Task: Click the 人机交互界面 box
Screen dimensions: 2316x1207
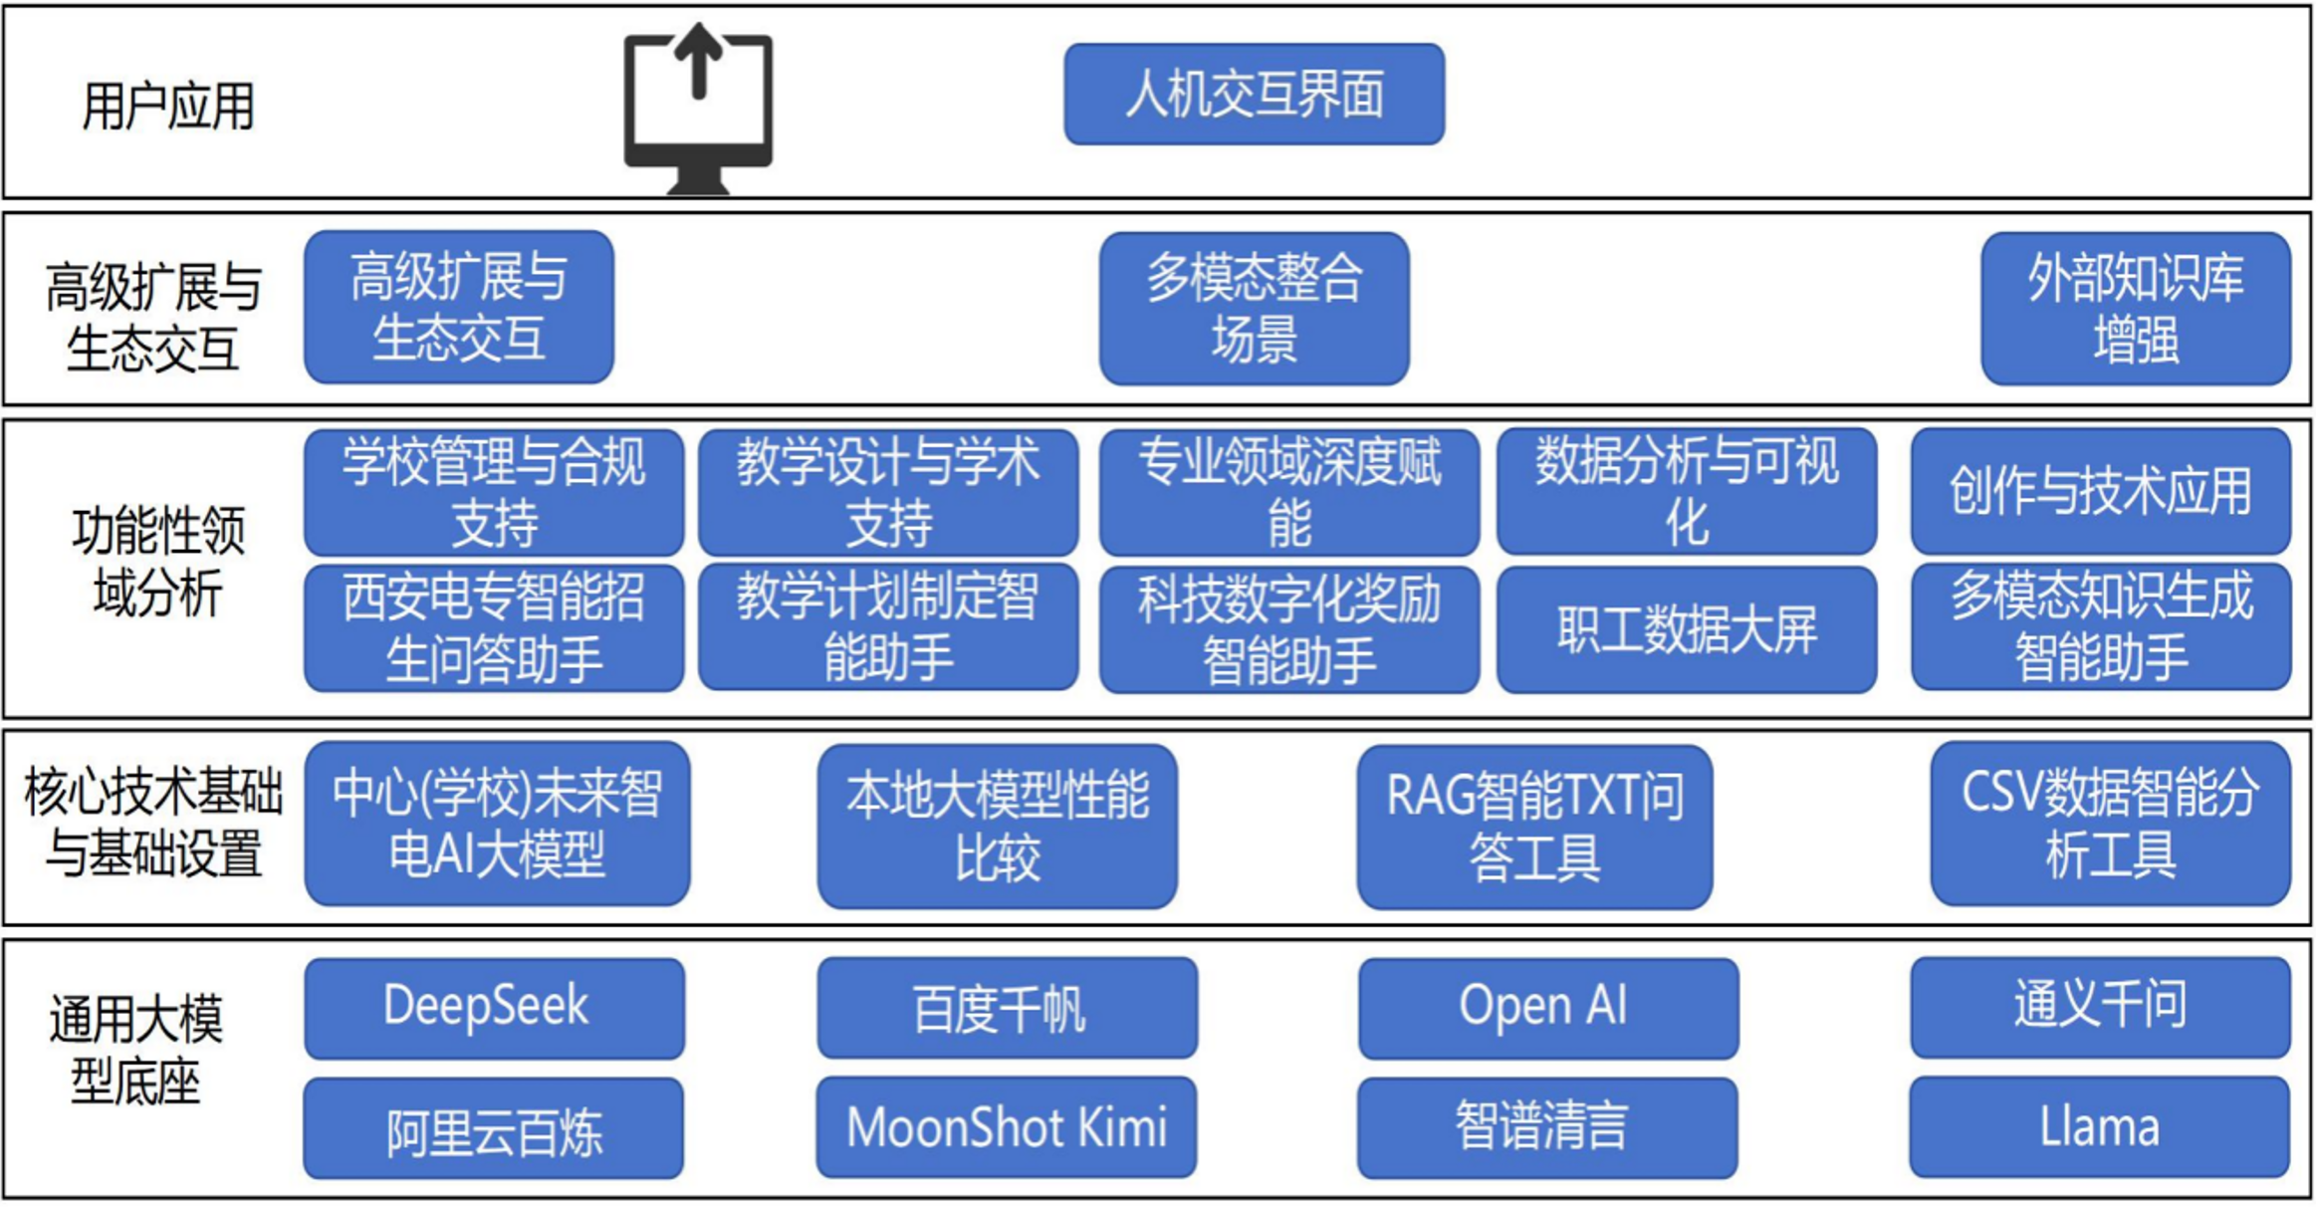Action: tap(1254, 95)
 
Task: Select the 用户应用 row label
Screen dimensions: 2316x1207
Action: tap(167, 107)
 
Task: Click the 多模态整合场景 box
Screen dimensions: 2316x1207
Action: tap(1254, 309)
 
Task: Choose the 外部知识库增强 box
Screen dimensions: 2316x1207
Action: tap(2135, 309)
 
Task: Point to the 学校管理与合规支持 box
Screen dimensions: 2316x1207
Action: tap(494, 492)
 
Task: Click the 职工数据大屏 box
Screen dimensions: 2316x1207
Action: tap(1687, 629)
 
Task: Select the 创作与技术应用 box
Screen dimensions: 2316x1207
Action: tap(2100, 491)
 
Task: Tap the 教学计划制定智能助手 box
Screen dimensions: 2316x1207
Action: tap(888, 627)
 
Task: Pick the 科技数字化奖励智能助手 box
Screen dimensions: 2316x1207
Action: tap(1289, 629)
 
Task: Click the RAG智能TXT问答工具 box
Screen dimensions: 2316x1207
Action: tap(1534, 827)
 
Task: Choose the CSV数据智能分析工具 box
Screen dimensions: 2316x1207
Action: tap(2110, 824)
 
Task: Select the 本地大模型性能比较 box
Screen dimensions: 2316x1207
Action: tap(997, 827)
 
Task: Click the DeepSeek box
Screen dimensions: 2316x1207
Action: tap(494, 1008)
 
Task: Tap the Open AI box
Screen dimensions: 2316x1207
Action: tap(1548, 1008)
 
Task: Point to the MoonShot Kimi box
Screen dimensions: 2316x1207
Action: tap(1007, 1127)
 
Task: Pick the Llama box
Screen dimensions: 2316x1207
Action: tap(2099, 1127)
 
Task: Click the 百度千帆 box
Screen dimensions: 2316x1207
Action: tap(1008, 1008)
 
